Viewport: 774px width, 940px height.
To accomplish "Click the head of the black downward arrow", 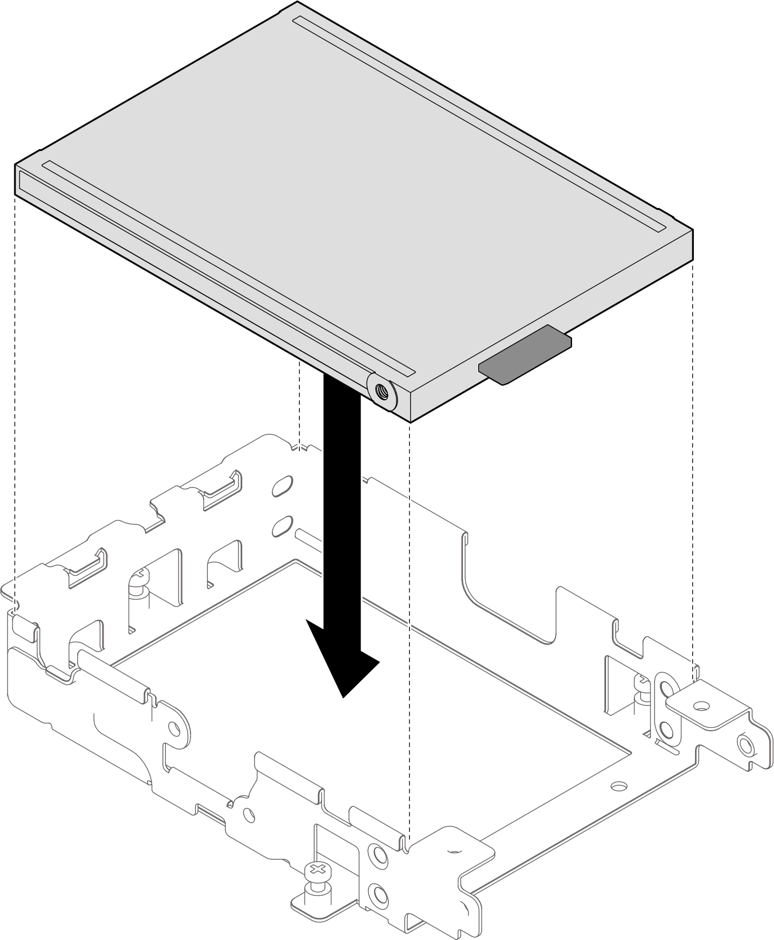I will coord(343,658).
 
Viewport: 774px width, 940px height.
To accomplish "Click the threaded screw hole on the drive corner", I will coord(382,392).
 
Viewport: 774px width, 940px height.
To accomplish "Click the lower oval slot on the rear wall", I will coord(282,525).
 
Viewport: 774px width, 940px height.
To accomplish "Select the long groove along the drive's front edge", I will coord(229,269).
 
